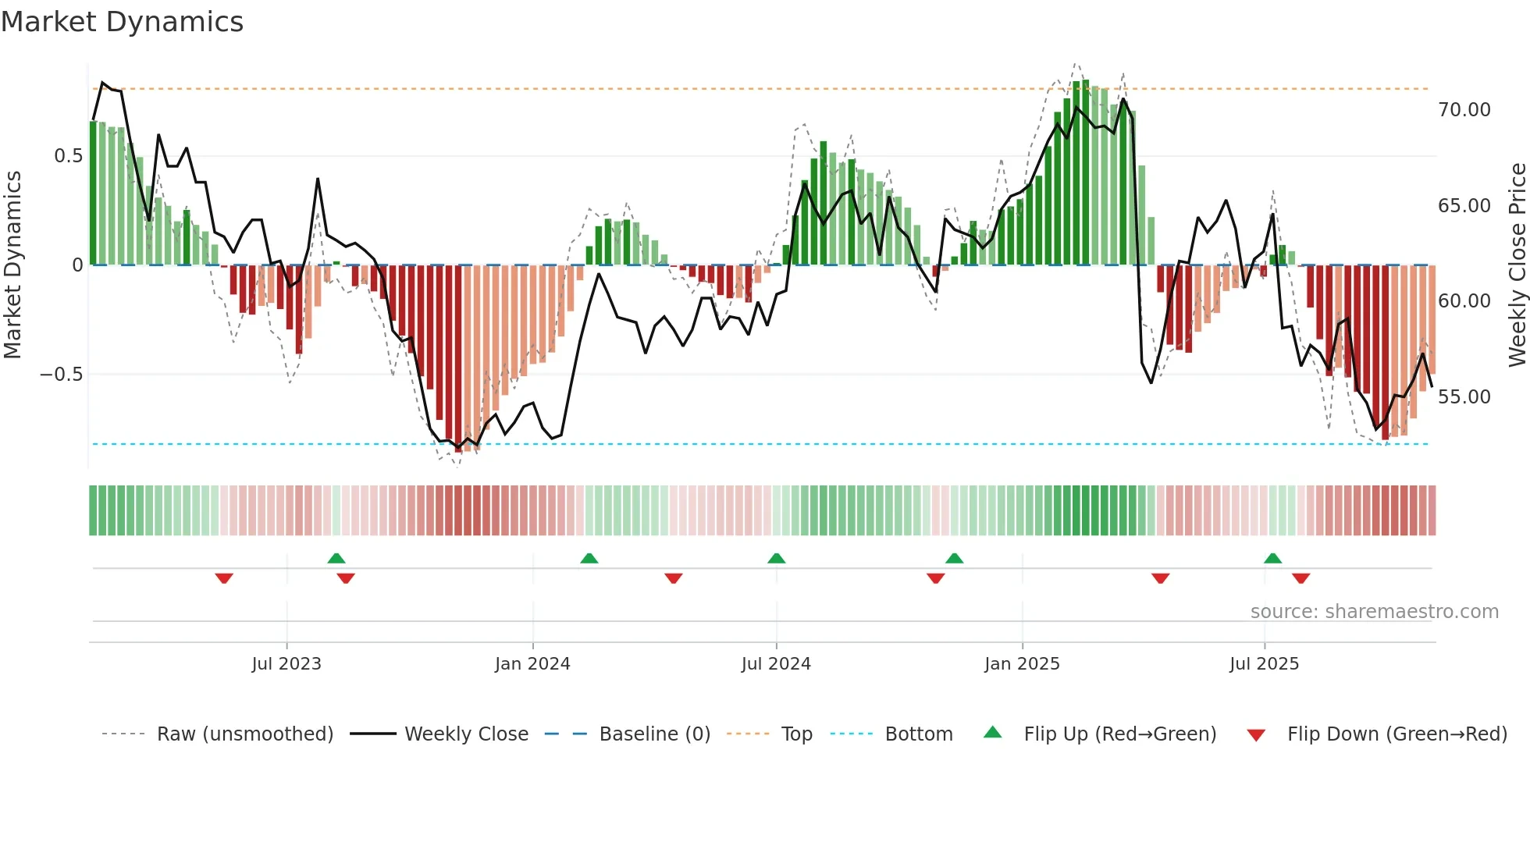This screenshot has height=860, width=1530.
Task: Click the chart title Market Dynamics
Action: [122, 22]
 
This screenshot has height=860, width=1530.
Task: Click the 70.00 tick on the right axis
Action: [1464, 110]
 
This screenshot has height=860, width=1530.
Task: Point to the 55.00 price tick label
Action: [1464, 397]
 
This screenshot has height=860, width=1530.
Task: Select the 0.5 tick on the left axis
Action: [68, 156]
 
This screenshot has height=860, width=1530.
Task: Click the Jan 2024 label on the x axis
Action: [532, 664]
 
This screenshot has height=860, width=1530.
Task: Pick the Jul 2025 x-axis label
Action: [1264, 664]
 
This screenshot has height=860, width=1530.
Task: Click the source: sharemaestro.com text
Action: [1374, 612]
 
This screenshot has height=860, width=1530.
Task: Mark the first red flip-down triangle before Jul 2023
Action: [224, 578]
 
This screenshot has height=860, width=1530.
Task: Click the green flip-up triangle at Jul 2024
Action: [776, 558]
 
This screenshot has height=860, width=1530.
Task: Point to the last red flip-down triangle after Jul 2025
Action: [1300, 578]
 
